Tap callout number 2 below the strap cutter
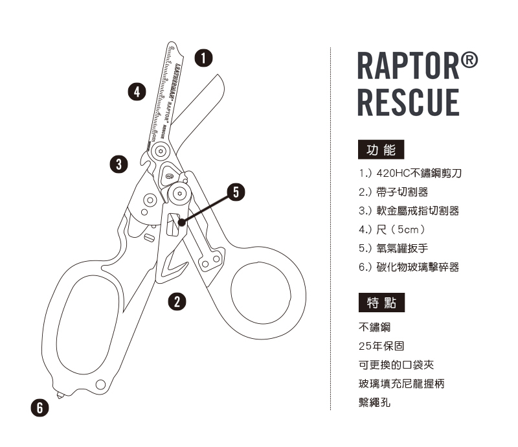176,300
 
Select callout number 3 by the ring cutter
118,163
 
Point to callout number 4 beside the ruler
136,91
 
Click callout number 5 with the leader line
236,191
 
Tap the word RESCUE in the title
408,102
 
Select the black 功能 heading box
381,150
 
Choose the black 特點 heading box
381,302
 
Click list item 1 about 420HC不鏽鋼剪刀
410,174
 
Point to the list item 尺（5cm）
391,229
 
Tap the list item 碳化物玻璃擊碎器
409,267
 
